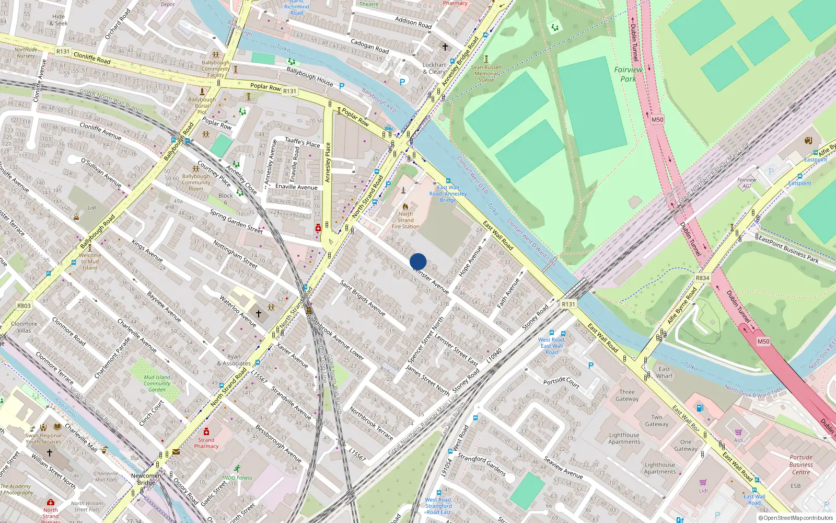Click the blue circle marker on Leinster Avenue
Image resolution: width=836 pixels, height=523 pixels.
(x=418, y=261)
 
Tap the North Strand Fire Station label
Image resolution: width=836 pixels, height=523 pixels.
(x=405, y=220)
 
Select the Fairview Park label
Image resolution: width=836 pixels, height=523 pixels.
(x=628, y=74)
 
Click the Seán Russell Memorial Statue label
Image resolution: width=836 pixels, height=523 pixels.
(x=486, y=73)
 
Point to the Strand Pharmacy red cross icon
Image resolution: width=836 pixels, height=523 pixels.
(x=206, y=431)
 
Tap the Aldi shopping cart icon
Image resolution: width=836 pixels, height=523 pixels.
(x=738, y=432)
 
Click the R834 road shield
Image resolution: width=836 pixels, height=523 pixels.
(x=703, y=278)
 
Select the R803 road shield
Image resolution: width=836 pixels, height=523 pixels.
(x=24, y=306)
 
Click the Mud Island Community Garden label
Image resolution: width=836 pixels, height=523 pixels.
(x=157, y=383)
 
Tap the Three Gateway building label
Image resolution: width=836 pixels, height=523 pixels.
(x=627, y=395)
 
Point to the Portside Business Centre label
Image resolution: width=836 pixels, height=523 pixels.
(x=800, y=464)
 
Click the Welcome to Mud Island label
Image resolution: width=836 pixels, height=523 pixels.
(x=90, y=261)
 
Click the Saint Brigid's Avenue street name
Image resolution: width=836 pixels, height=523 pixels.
(x=363, y=298)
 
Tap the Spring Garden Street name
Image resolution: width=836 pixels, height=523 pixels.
(x=236, y=221)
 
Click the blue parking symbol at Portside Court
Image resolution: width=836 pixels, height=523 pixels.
(x=591, y=366)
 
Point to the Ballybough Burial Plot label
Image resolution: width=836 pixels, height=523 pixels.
(x=202, y=106)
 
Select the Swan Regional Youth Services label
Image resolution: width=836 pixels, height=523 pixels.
(x=43, y=438)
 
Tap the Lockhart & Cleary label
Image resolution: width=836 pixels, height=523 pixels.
(x=434, y=69)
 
